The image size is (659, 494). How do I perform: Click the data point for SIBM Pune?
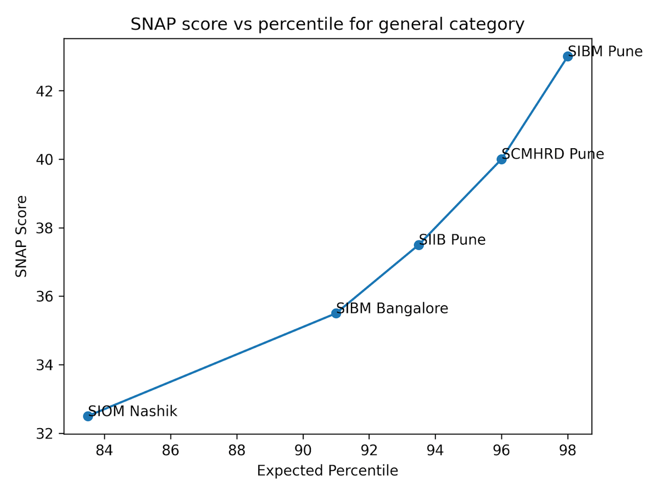tap(567, 56)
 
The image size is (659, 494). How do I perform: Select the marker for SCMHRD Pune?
tap(501, 159)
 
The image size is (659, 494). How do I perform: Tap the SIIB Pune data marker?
tap(418, 245)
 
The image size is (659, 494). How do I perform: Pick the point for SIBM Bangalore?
tap(336, 313)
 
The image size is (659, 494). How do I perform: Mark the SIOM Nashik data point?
tap(88, 416)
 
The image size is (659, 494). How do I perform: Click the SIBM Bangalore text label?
tap(392, 308)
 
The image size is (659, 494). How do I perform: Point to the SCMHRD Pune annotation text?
tap(553, 154)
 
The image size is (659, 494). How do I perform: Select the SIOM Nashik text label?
tap(133, 411)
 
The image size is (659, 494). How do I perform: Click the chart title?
tap(327, 25)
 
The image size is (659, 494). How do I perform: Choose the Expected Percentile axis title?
tap(327, 471)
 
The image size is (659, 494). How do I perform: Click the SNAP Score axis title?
tap(21, 236)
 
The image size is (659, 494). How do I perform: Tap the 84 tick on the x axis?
tap(104, 451)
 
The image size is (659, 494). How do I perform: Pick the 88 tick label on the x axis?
tap(237, 451)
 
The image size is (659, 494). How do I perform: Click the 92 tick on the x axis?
tap(369, 451)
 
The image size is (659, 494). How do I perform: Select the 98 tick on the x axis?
tap(567, 451)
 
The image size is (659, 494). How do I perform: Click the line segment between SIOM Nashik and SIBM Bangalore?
tap(212, 365)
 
